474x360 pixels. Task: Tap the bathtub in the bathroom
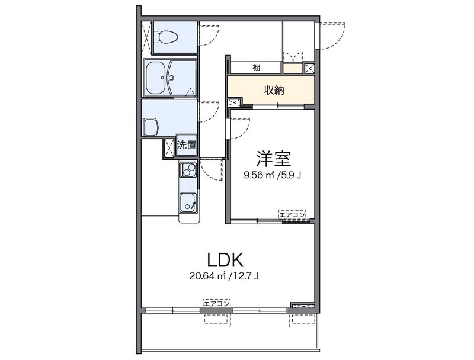[157, 78]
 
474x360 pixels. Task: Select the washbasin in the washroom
[150, 127]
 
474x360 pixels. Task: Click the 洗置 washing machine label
[187, 145]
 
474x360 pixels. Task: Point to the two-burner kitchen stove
[188, 170]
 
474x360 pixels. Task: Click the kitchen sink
[188, 202]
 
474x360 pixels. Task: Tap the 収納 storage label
[274, 89]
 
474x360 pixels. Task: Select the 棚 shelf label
[257, 67]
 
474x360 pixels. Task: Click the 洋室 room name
[274, 158]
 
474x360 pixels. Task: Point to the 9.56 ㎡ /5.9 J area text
[272, 175]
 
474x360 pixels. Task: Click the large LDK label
[225, 260]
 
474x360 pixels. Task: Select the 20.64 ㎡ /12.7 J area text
[224, 276]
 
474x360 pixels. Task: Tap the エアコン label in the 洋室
[292, 215]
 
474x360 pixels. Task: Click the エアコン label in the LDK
[216, 303]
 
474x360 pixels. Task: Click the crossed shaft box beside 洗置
[169, 148]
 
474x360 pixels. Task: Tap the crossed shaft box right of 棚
[309, 68]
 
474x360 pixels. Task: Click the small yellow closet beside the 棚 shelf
[293, 68]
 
